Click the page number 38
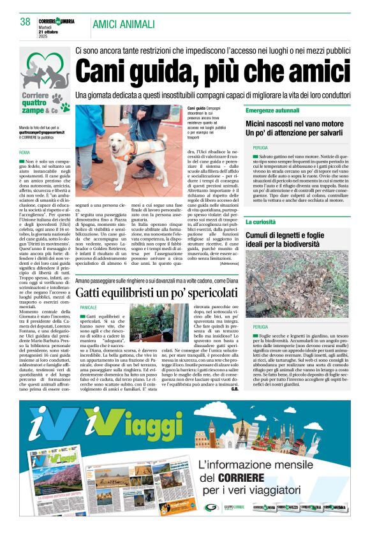pos(26,22)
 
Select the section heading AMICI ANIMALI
pos(124,24)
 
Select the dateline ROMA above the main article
pos(24,153)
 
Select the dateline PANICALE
pos(89,308)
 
